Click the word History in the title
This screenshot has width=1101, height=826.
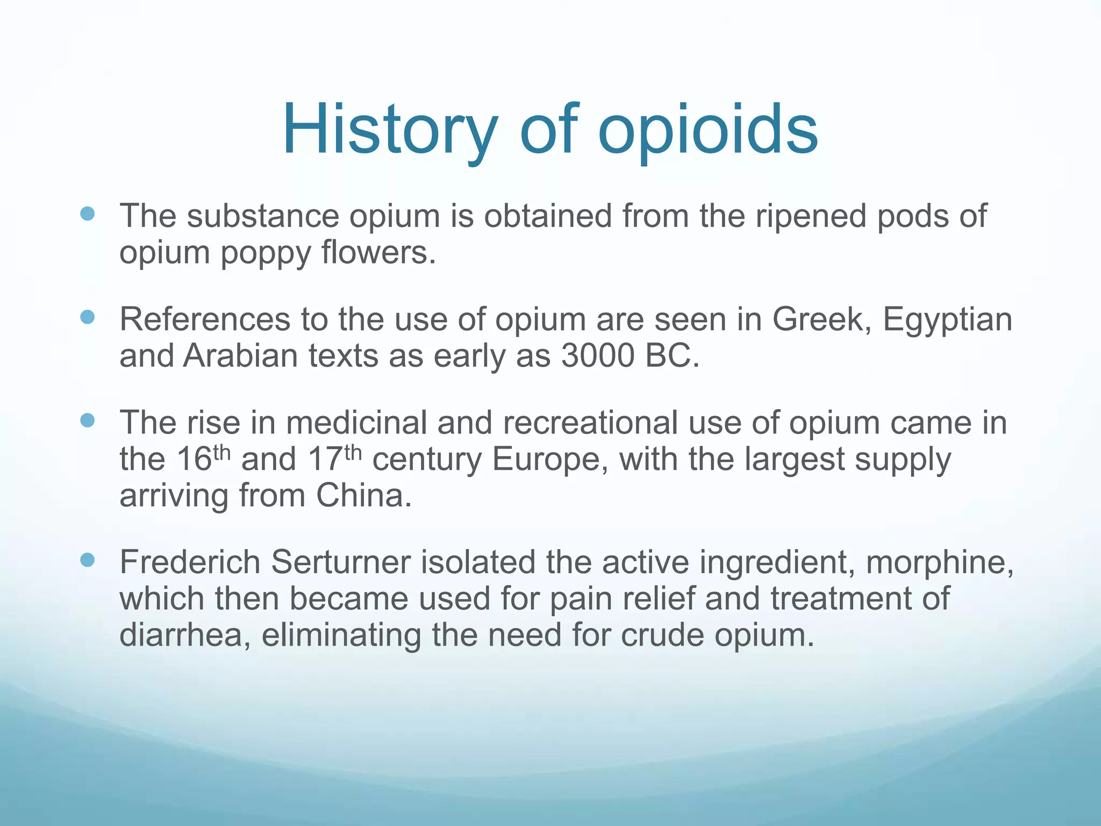click(390, 130)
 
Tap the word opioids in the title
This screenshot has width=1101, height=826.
click(708, 130)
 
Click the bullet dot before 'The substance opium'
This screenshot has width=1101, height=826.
click(87, 214)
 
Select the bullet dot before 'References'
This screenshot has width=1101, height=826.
click(87, 317)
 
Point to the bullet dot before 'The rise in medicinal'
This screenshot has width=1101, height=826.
click(87, 420)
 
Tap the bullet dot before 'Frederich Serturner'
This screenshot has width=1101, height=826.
click(87, 560)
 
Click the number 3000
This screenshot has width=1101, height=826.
click(597, 355)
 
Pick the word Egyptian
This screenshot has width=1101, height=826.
click(947, 320)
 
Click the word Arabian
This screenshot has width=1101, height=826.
click(240, 355)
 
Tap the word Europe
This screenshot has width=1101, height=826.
click(546, 459)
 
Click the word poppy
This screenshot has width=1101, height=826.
click(266, 253)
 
